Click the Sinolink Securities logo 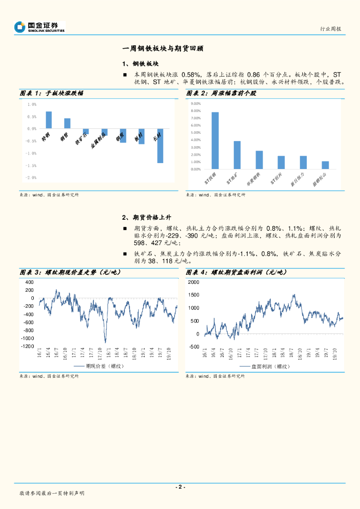(40, 27)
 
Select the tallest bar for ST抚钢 (215, 141)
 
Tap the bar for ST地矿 (237, 155)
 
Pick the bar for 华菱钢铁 (259, 160)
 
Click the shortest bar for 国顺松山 (325, 165)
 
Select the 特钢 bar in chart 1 (49, 120)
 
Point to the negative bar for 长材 (160, 146)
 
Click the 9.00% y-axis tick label (195, 103)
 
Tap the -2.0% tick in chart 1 (31, 177)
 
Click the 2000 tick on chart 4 (193, 282)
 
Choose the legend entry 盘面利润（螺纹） (264, 366)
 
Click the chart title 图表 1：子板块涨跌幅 (52, 93)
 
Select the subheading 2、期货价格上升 (147, 217)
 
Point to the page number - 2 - (180, 487)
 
